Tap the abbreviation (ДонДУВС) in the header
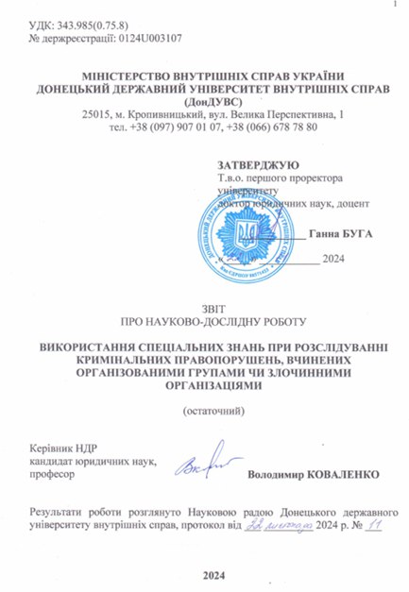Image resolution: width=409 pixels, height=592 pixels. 205,101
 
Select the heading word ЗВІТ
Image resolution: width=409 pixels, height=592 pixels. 204,306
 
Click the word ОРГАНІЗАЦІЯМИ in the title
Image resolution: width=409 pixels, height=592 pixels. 204,384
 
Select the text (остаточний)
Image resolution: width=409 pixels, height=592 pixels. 204,411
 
